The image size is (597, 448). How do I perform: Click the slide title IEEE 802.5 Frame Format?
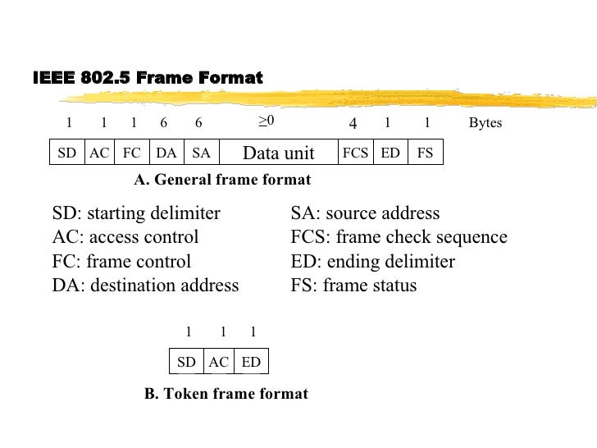[148, 79]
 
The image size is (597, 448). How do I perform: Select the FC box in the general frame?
[131, 153]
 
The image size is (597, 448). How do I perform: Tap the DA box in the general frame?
[166, 153]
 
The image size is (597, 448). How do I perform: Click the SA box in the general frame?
[201, 153]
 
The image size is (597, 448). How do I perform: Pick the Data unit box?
[278, 153]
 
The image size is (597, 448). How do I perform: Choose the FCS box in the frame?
[355, 153]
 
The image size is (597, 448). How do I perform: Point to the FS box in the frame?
[425, 153]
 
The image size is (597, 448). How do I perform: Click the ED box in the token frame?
[251, 362]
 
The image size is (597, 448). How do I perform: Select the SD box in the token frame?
[186, 362]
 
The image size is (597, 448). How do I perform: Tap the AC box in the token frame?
[218, 362]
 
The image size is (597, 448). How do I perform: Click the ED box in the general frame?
[390, 153]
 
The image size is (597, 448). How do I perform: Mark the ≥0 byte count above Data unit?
[266, 121]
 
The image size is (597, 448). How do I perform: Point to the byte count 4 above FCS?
[353, 124]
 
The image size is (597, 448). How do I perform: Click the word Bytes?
[485, 123]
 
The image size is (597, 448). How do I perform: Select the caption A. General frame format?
[222, 179]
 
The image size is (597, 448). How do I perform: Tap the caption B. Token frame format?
[226, 394]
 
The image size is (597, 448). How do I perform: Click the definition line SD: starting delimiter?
[136, 214]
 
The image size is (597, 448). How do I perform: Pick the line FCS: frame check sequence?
[399, 238]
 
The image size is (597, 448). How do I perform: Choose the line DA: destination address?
[145, 286]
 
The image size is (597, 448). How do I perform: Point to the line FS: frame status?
[353, 286]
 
